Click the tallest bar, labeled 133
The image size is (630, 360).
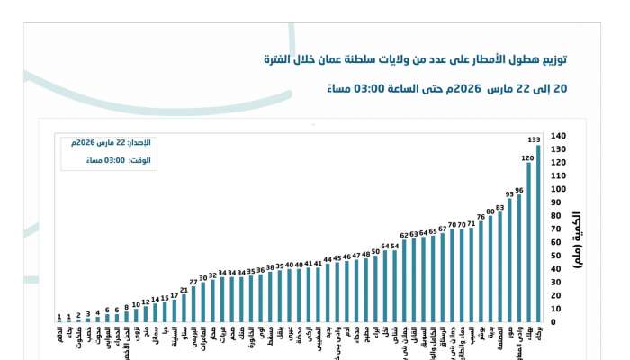pos(539,233)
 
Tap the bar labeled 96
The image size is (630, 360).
pos(519,257)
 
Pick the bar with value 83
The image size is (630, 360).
pos(499,266)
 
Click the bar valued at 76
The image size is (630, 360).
pos(481,271)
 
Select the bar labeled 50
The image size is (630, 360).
pos(375,288)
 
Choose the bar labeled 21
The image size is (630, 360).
pos(184,308)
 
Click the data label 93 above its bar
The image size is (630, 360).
pos(509,193)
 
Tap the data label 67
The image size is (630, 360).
pos(442,229)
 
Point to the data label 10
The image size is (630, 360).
pos(136,304)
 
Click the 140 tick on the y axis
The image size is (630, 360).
pos(557,135)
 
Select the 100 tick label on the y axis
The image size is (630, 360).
pos(557,189)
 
